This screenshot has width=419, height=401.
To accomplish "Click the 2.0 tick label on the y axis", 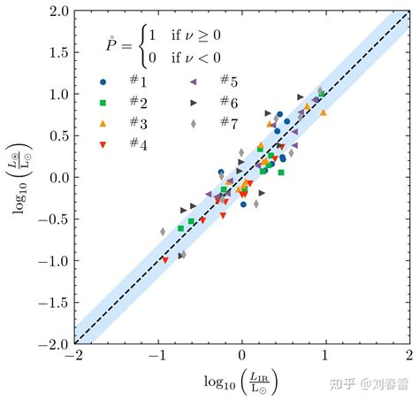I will [x=59, y=12].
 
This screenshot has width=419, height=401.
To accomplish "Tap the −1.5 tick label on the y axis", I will [x=55, y=302].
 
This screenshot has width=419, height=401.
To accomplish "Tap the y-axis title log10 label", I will [x=19, y=176].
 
